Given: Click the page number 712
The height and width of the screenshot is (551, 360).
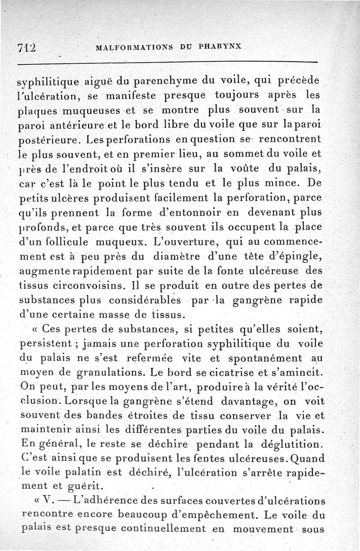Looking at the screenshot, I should coord(27,46).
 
